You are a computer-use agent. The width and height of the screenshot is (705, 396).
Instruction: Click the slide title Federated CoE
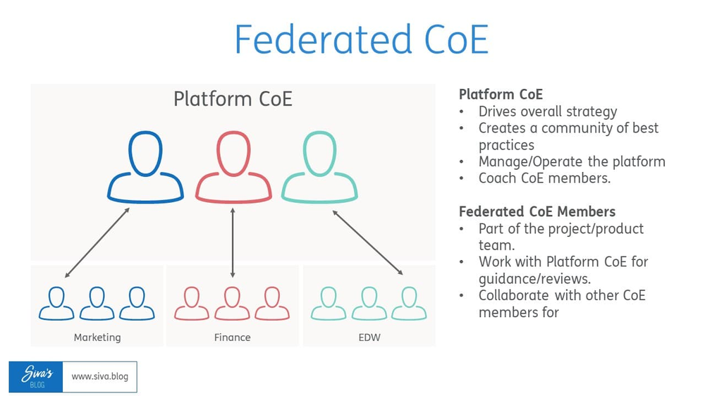(361, 39)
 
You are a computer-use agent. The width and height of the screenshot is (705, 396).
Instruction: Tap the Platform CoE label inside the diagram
(233, 99)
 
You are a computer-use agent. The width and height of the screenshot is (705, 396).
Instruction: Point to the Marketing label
(97, 338)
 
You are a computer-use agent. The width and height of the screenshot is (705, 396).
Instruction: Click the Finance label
(232, 338)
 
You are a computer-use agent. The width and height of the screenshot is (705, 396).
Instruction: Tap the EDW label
(369, 338)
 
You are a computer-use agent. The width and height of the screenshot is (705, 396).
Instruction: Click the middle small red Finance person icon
(232, 304)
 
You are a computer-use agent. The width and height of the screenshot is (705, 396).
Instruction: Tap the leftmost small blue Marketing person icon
(56, 304)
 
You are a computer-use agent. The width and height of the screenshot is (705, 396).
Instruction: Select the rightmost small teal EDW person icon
(409, 304)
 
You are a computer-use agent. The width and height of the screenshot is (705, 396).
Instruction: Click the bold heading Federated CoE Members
(537, 212)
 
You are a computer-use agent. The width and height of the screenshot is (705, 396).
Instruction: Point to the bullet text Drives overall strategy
(548, 111)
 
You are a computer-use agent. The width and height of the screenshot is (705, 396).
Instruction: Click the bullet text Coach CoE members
(544, 178)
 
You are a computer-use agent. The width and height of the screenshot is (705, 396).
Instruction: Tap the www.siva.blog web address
(100, 377)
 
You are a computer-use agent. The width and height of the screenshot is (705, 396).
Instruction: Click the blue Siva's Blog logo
(36, 377)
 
